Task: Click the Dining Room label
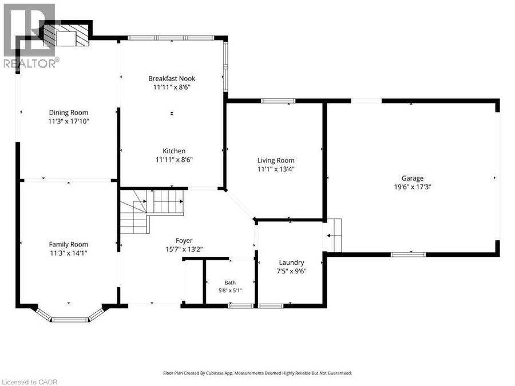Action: [69, 113]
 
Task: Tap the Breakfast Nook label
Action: [172, 78]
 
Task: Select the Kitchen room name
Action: [174, 151]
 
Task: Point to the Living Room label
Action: [276, 161]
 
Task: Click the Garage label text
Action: [413, 178]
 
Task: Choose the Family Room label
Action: [69, 245]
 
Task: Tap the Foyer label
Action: [184, 241]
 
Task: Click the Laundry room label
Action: [291, 262]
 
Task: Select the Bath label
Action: [230, 282]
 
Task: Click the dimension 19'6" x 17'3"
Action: [413, 187]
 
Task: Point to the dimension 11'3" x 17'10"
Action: [69, 121]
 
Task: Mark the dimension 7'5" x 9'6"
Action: [291, 272]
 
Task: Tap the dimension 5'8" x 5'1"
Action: [230, 291]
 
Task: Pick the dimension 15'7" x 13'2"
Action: [184, 249]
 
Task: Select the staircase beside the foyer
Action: [152, 212]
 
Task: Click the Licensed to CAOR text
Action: [29, 382]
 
